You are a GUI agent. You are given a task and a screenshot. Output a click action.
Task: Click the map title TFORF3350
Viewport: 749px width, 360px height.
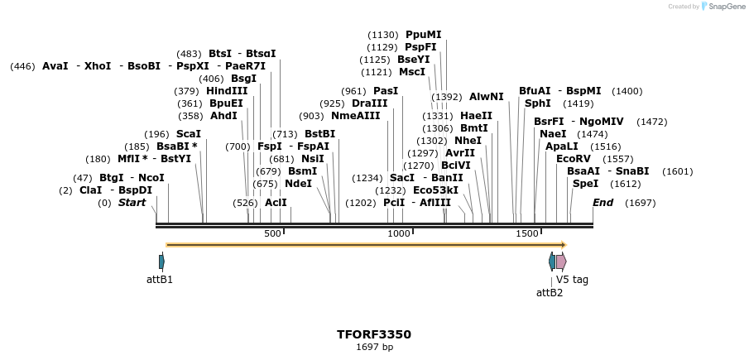click(x=373, y=334)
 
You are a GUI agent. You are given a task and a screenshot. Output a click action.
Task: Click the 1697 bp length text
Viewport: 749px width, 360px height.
click(x=374, y=347)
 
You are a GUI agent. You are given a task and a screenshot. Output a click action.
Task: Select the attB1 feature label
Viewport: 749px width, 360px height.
click(x=160, y=280)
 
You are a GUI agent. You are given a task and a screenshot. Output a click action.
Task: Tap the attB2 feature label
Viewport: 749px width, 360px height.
click(x=550, y=292)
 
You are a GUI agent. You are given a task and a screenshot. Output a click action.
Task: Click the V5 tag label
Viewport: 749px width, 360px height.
click(x=572, y=280)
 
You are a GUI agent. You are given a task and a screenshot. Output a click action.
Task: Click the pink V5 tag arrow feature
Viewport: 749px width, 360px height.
click(x=561, y=262)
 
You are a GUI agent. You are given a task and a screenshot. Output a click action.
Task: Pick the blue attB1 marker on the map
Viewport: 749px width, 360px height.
click(x=161, y=262)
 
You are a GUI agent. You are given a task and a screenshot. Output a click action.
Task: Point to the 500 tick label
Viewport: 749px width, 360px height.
click(x=272, y=234)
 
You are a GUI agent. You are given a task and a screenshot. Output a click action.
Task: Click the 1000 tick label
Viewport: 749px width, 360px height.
click(x=400, y=234)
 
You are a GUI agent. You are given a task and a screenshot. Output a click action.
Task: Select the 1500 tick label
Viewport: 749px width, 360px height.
click(x=527, y=234)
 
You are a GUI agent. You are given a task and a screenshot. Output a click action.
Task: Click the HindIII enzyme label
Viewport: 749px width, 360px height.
click(x=227, y=91)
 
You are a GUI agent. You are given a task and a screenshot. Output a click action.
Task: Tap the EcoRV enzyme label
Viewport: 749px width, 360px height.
click(x=574, y=158)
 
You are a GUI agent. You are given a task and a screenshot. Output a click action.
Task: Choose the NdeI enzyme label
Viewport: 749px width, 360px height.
click(x=298, y=183)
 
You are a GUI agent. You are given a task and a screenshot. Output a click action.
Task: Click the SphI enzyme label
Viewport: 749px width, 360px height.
click(x=537, y=103)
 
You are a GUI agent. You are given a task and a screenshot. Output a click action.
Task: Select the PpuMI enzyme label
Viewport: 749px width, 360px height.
click(x=423, y=35)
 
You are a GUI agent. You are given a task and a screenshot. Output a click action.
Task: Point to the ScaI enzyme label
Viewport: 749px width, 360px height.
click(x=188, y=133)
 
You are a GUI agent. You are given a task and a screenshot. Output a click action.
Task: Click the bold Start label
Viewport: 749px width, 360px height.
click(x=132, y=203)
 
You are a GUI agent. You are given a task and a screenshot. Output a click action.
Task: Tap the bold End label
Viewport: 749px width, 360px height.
click(x=603, y=203)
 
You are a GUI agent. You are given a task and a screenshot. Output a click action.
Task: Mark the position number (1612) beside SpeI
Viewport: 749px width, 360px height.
click(x=626, y=184)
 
